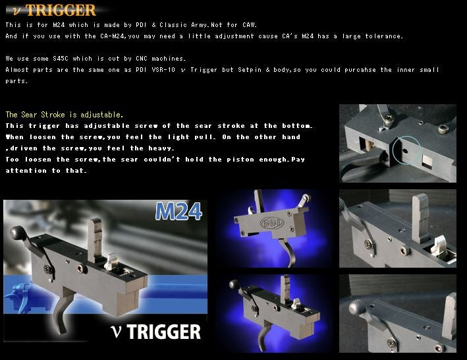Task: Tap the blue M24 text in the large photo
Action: click(179, 212)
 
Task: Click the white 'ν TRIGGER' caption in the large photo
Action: click(157, 330)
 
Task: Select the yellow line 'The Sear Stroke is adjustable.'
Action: click(64, 115)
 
